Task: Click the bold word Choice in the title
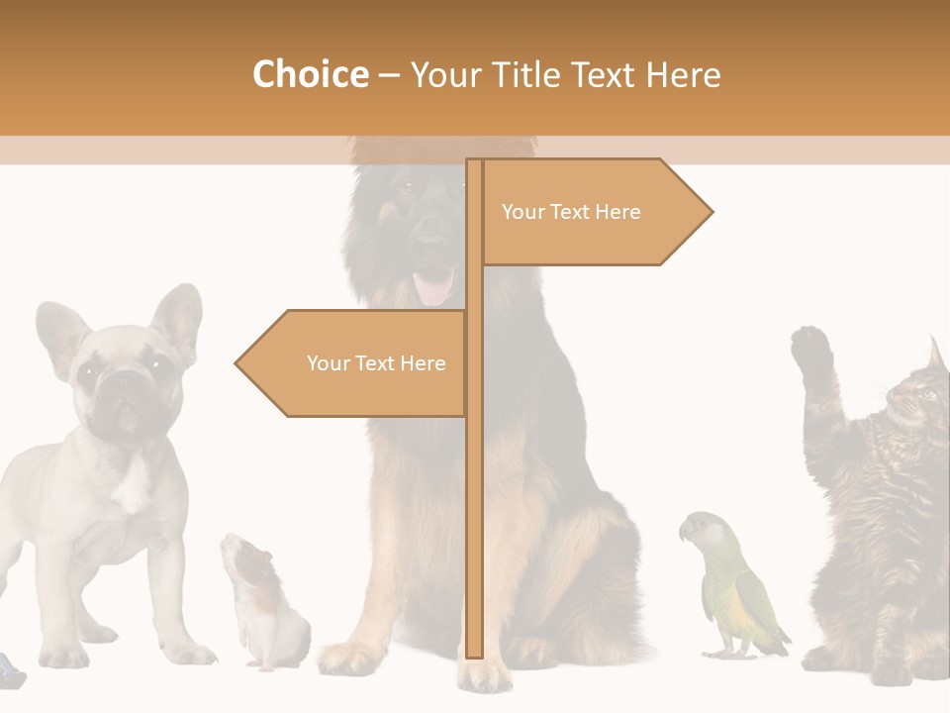click(310, 74)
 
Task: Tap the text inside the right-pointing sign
click(571, 212)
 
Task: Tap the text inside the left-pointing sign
click(376, 363)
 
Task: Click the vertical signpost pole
click(474, 495)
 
